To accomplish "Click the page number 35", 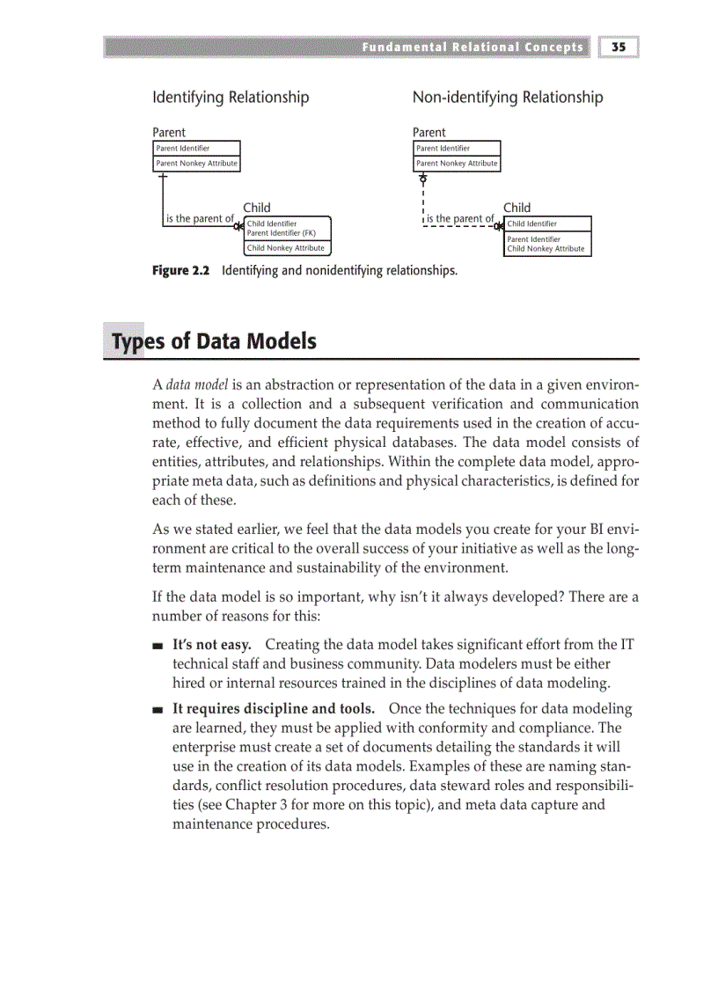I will coord(619,47).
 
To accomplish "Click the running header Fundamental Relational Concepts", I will coord(472,47).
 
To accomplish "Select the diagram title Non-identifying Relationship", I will coord(508,97).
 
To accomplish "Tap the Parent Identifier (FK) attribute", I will coord(281,233).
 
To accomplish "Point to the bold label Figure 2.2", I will coord(181,271).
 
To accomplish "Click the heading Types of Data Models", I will coord(211,341).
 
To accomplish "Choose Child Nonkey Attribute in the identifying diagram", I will coord(285,248).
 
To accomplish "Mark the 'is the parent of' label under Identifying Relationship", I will coord(200,218).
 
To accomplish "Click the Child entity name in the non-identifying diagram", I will coord(517,208).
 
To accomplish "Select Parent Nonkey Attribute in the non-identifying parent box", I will coord(457,164).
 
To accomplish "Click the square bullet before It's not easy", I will coord(158,647).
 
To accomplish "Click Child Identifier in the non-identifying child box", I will coord(531,223).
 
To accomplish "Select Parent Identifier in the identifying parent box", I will coord(182,149).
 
